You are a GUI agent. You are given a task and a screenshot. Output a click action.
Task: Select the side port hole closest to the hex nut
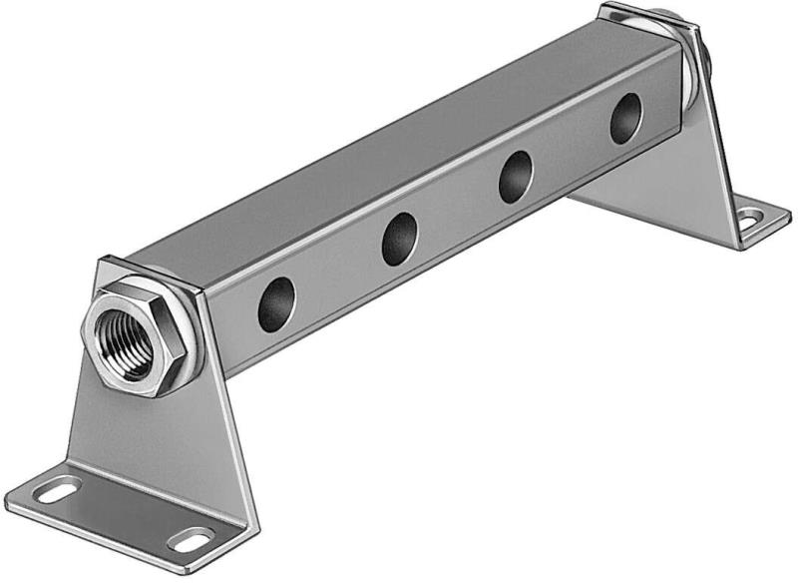point(276,304)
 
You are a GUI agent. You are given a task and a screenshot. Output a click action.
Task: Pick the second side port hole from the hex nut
point(399,239)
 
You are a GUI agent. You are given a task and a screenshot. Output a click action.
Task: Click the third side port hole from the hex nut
point(515,177)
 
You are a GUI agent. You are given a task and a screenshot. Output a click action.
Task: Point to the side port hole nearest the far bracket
point(625,118)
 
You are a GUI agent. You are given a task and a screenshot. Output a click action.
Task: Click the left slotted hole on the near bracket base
point(57,490)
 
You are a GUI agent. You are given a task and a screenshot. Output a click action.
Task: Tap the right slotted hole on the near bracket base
point(190,539)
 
